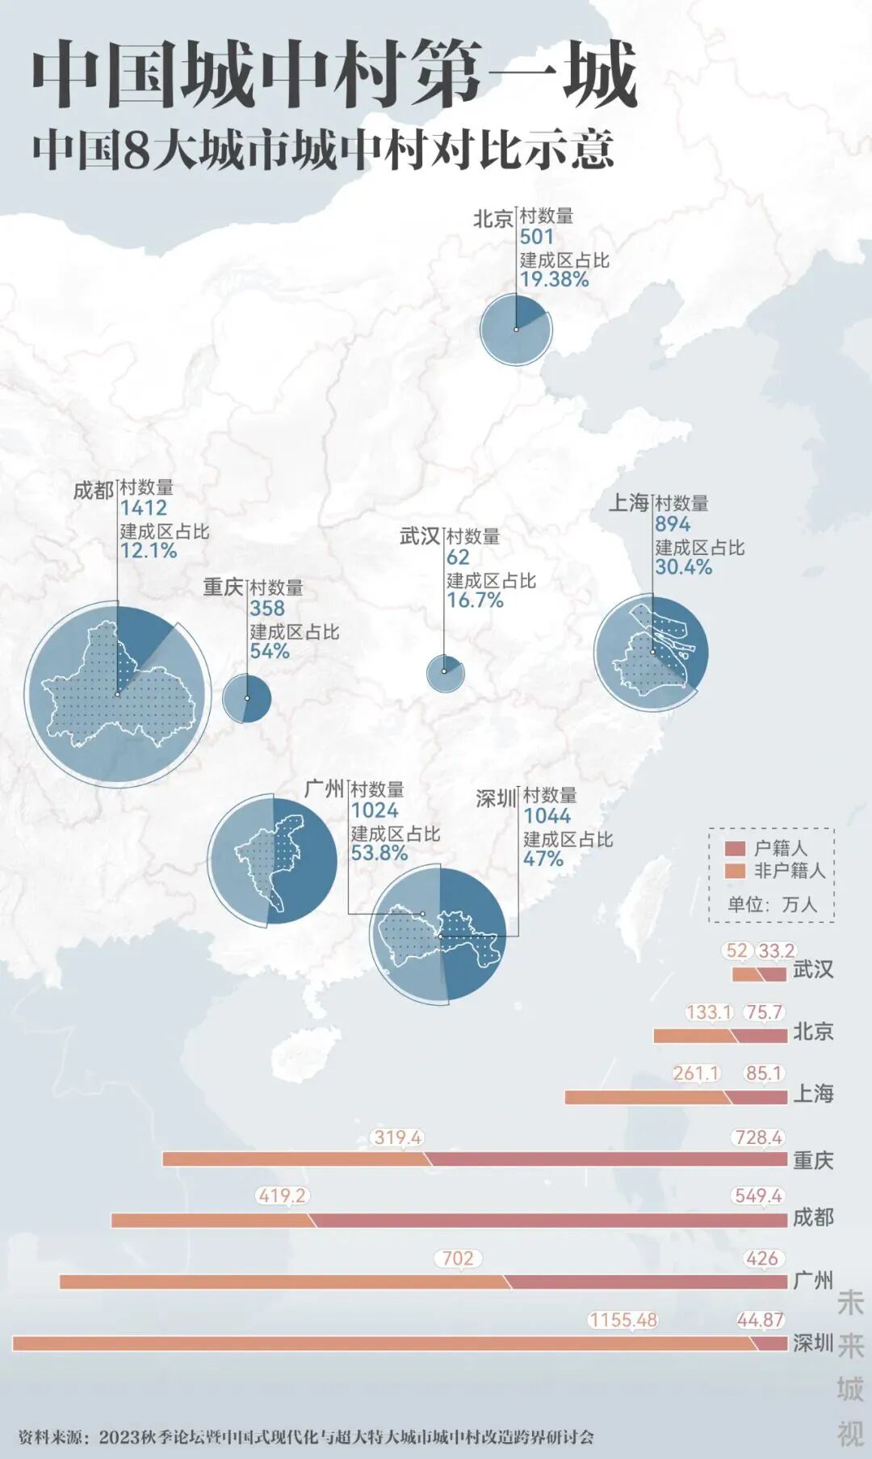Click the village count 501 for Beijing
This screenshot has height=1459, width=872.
coord(537,237)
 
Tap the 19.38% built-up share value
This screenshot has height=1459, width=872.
coord(554,280)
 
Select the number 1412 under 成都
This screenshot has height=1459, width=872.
coord(144,508)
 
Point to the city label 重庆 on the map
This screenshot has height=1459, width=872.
coord(223,587)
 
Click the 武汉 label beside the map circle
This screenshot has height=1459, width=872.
coord(419,536)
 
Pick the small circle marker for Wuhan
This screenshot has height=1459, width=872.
coord(445,671)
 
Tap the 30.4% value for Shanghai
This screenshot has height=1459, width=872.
coord(683,567)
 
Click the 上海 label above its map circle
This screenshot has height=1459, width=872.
coord(628,502)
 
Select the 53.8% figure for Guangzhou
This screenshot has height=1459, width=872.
coord(379,853)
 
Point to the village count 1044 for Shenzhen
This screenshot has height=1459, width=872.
coord(547,816)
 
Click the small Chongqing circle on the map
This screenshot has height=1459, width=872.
coord(247,699)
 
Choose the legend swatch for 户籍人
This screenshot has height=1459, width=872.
coord(735,848)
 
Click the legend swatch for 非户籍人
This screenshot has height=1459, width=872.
coord(735,871)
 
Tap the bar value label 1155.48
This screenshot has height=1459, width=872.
coord(623,1320)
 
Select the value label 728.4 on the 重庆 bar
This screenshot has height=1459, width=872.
coord(758,1137)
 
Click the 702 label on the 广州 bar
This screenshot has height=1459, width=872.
coord(458,1259)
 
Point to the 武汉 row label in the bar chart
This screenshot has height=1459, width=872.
coord(812,969)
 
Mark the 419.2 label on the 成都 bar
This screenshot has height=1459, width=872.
coord(282,1196)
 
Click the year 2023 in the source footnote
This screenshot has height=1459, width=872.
coord(120,1438)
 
